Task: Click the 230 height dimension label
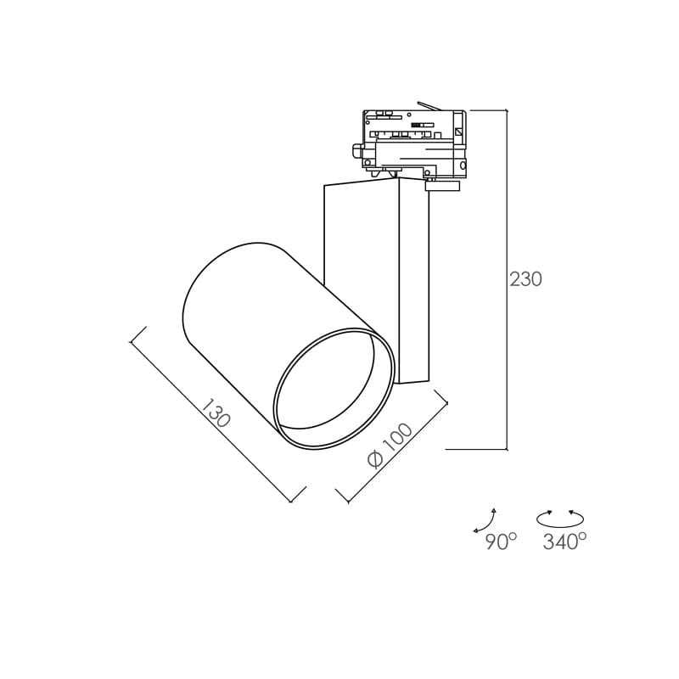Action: pos(525,280)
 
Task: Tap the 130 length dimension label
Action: pos(216,413)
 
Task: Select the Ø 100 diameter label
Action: pos(390,446)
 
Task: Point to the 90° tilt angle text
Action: pos(501,542)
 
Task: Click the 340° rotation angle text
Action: pos(564,542)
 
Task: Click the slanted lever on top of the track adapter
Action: pos(429,106)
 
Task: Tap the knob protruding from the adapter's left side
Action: pos(356,153)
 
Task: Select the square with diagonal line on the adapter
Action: pos(459,132)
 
